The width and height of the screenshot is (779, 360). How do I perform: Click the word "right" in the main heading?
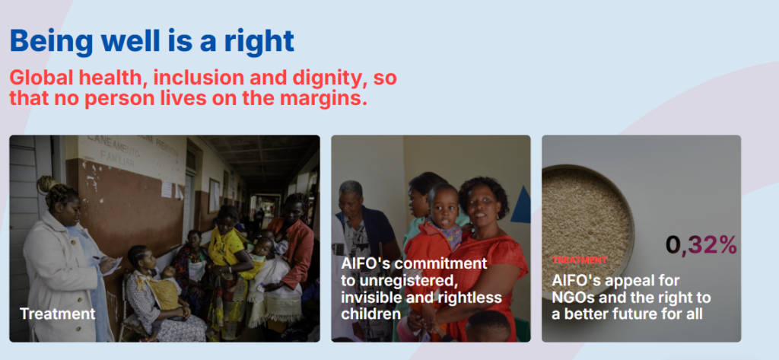[259, 41]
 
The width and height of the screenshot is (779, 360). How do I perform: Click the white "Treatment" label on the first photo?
[58, 314]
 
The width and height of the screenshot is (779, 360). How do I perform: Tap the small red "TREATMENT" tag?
[579, 260]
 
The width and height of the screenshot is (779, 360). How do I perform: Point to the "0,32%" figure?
[701, 244]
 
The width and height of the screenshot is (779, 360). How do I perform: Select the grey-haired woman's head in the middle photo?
[351, 196]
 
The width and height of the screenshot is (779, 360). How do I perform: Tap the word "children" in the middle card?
[370, 314]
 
